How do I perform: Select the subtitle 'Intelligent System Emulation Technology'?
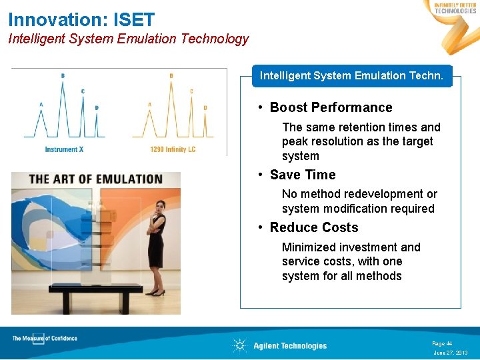[128, 39]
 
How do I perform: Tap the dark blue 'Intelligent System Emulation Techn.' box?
[351, 76]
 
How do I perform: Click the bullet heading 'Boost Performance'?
[331, 107]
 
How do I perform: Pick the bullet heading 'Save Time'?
[303, 175]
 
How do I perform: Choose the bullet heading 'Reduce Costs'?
[314, 227]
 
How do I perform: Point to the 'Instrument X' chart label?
[64, 149]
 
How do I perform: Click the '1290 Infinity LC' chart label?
[173, 149]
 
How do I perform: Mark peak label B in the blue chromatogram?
[63, 75]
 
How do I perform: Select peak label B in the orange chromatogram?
[171, 75]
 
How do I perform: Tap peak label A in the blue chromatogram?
[41, 104]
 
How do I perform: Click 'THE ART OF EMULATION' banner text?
[96, 179]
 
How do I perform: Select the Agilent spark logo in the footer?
[239, 345]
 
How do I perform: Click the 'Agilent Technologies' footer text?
[290, 346]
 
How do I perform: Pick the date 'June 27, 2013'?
[450, 353]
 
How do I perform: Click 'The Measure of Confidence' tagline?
[45, 339]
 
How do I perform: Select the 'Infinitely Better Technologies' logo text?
[455, 8]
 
